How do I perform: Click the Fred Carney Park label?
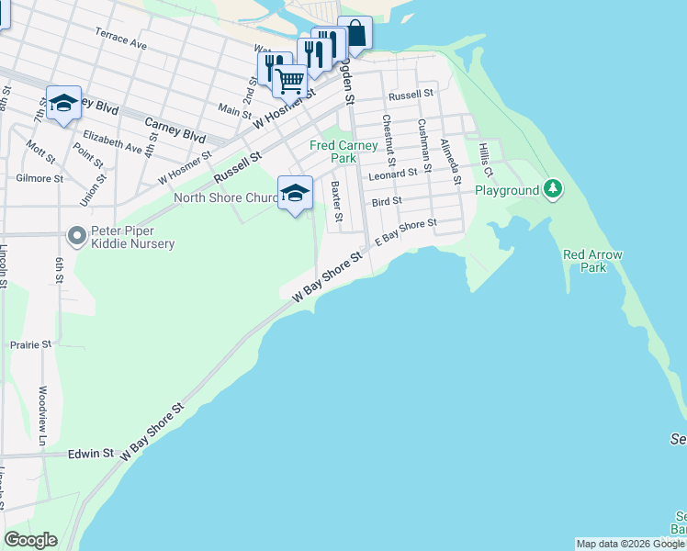point(343,152)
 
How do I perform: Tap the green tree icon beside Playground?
point(552,190)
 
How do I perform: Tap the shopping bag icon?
point(355,34)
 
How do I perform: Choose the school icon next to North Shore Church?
point(295,194)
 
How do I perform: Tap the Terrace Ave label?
point(120,38)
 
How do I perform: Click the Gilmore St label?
point(39,178)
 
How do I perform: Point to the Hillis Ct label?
point(485,159)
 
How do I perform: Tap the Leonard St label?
point(392,174)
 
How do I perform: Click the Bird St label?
point(387,201)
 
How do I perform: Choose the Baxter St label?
point(336,202)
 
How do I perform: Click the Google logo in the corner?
point(30,540)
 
